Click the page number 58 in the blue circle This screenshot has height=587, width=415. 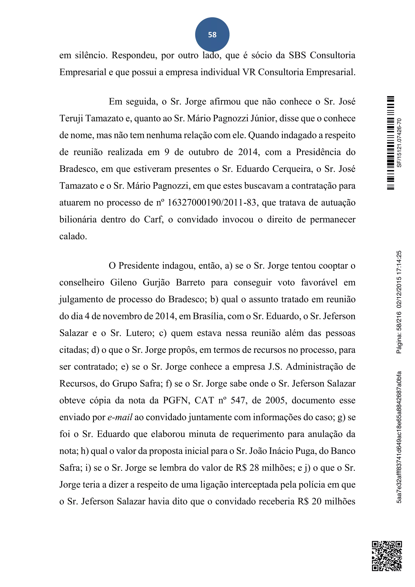tap(212, 34)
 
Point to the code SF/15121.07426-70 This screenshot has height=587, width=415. tap(399, 143)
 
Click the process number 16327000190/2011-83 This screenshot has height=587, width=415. tap(212, 202)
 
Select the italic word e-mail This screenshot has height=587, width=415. tap(120, 417)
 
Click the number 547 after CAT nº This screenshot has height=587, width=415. tap(239, 400)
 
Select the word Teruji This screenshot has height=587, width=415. tap(71, 118)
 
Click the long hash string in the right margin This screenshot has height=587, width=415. tap(399, 437)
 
